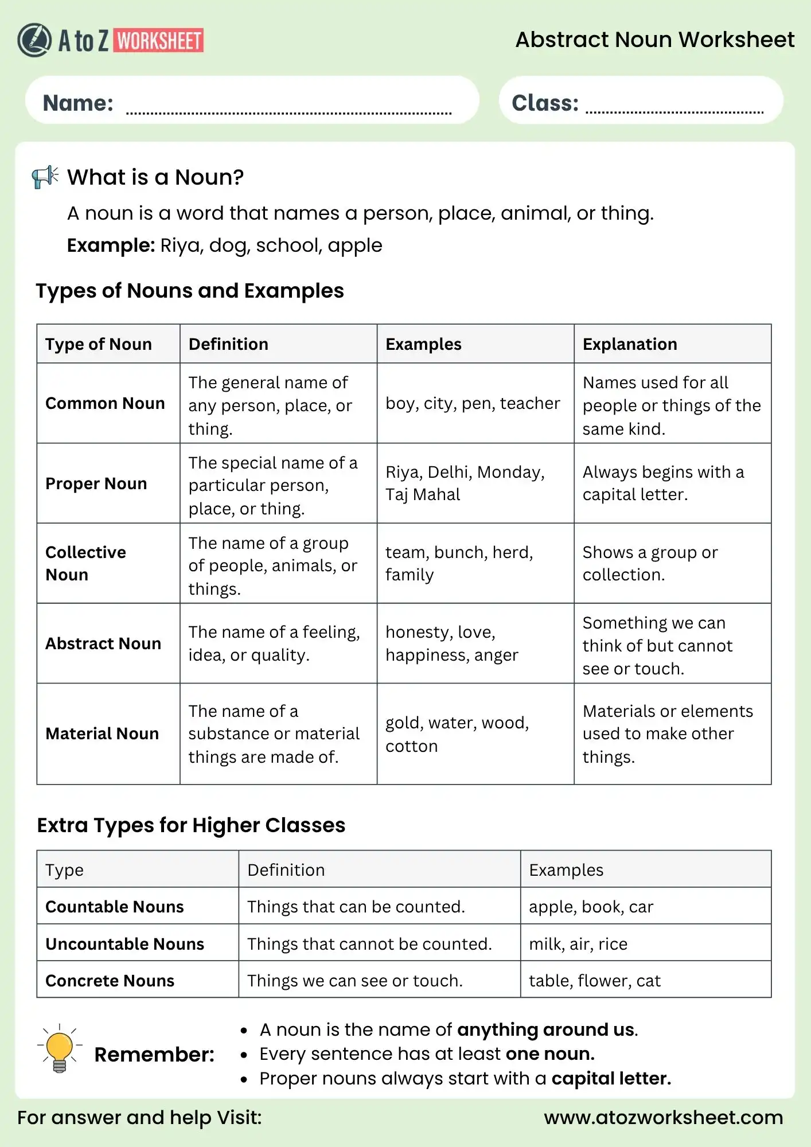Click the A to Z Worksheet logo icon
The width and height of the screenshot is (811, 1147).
coord(34,40)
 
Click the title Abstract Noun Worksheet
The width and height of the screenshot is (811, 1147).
coord(654,40)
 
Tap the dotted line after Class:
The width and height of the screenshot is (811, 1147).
coord(674,111)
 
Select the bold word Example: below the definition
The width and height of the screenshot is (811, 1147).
coord(111,245)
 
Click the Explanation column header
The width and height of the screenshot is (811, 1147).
coord(630,344)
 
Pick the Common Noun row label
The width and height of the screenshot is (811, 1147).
coord(105,404)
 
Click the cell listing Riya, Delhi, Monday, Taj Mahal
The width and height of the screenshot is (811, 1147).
coord(465,483)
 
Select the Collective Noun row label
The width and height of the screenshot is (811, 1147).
coord(86,563)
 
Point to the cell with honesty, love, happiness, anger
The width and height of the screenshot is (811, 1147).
coord(451,643)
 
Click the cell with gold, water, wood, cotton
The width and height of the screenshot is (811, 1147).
coord(457,734)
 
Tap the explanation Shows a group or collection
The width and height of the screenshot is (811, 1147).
coord(650,563)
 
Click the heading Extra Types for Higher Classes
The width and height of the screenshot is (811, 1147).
coord(191,825)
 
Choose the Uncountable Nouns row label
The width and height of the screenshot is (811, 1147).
coord(124,944)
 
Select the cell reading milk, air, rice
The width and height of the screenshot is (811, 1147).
coord(578,944)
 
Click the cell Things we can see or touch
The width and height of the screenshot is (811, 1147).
coord(355,981)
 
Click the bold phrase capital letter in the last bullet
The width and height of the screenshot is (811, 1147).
coord(611,1079)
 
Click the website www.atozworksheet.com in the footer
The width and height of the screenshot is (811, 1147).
coord(663,1117)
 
